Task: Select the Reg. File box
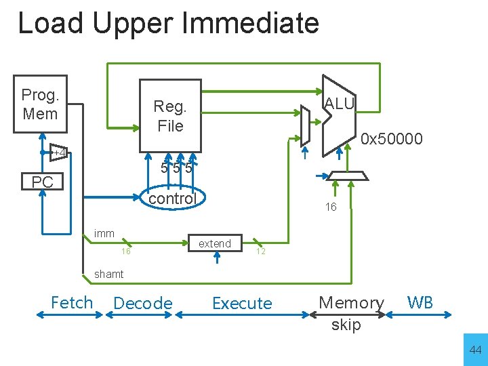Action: (170, 116)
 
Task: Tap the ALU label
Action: (339, 104)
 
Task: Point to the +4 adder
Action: (59, 153)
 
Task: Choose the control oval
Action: (172, 199)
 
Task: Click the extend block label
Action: (214, 243)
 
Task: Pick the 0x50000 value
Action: (392, 140)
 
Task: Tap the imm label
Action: (104, 234)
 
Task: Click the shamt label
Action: (108, 274)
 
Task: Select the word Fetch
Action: (72, 302)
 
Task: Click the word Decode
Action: (143, 304)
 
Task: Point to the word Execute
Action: (242, 304)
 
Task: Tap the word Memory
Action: (351, 303)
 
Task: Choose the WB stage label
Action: (420, 302)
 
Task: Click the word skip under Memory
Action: (346, 325)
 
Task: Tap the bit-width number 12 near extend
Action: (260, 251)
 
